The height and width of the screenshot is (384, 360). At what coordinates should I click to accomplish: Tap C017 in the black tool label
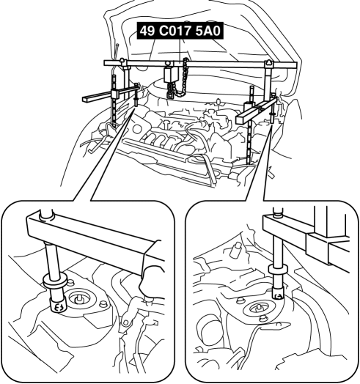[175, 31]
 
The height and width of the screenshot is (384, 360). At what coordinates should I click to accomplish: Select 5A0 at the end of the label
[208, 31]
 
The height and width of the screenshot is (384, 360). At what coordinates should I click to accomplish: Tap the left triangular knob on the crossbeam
[122, 60]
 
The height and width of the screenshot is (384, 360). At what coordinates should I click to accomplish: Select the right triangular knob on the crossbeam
[269, 62]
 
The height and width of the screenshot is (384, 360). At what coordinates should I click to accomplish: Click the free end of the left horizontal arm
[84, 98]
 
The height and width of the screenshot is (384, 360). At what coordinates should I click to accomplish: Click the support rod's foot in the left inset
[58, 304]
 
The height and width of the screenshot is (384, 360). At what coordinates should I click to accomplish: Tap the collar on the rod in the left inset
[54, 282]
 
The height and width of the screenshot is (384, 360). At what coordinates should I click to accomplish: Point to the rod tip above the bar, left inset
[47, 214]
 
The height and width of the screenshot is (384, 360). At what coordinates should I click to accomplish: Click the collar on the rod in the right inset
[278, 270]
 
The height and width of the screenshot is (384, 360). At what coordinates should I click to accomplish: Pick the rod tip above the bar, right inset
[277, 212]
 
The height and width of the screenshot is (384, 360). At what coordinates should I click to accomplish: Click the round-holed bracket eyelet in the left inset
[125, 322]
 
